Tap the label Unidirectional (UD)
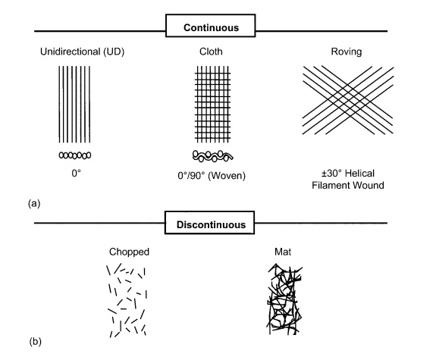[82, 52]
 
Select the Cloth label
[211, 52]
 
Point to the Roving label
[347, 52]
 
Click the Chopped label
[129, 252]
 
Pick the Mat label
[283, 252]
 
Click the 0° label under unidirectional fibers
[76, 174]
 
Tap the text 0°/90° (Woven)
[212, 176]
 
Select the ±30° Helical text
[348, 174]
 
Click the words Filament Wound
[348, 185]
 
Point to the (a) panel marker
[34, 203]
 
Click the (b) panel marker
[36, 341]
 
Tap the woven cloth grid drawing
[213, 105]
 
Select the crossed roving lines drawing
[348, 100]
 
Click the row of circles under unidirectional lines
[75, 155]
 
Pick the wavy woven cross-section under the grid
[213, 156]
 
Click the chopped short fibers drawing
[127, 301]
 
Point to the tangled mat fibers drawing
[284, 299]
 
